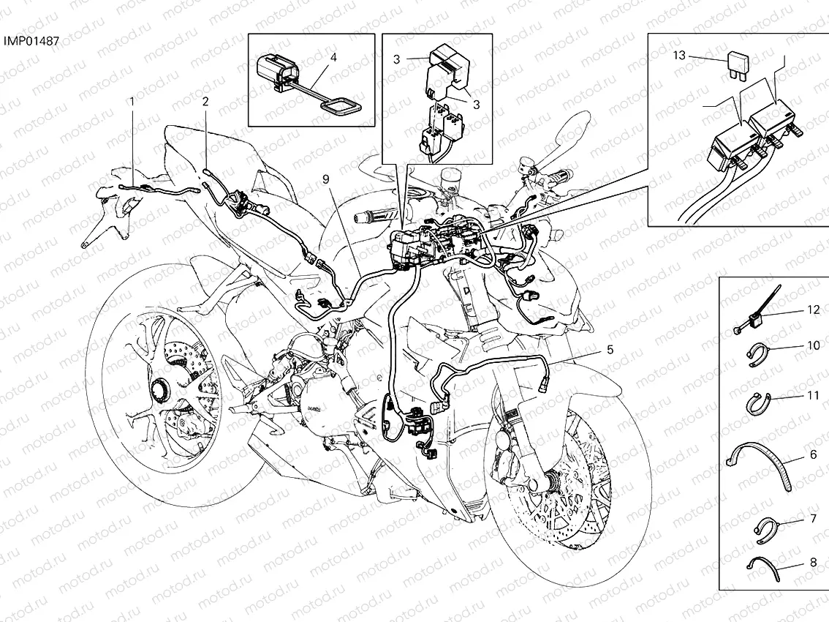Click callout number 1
[x=132, y=101]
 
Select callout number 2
[x=205, y=101]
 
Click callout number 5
[x=610, y=350]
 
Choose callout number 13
[x=679, y=55]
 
